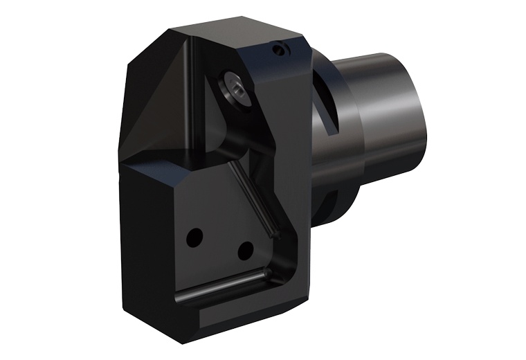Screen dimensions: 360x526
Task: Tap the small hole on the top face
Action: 279,49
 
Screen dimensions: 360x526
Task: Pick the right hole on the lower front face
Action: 243,250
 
